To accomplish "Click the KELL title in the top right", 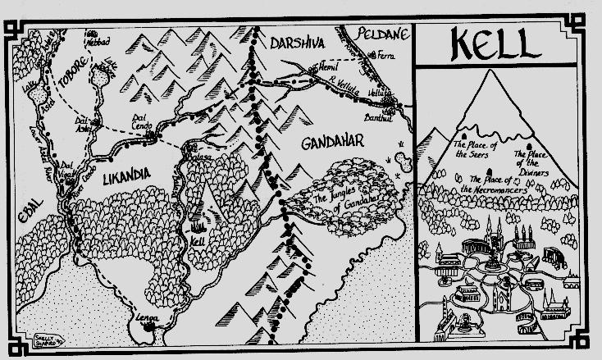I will click(x=508, y=42).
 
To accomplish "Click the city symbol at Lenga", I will click(x=149, y=326).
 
